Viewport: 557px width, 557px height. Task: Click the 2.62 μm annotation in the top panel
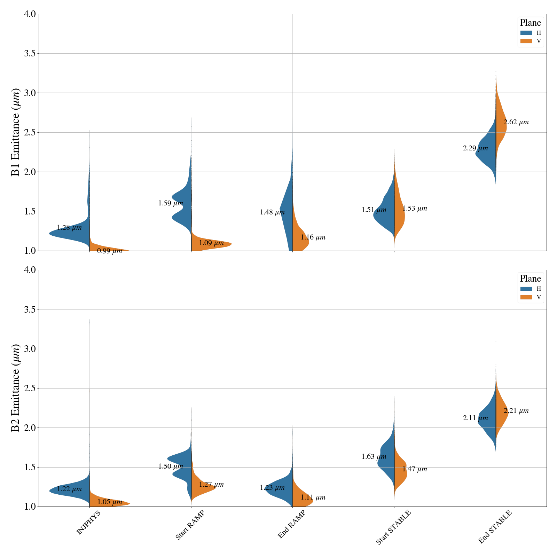pos(516,122)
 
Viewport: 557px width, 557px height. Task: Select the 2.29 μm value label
pos(475,148)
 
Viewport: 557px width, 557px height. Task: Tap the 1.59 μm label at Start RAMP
pos(171,203)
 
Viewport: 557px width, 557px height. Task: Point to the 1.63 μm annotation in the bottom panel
pos(374,457)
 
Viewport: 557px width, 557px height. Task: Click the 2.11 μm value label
pos(475,418)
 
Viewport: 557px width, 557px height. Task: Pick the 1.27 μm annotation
pos(211,485)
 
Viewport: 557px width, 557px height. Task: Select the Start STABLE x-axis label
pos(394,527)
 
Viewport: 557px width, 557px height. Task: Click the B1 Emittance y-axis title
pos(16,132)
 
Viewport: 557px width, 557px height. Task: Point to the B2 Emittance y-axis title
pos(16,388)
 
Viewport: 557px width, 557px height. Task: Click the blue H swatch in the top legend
pos(526,33)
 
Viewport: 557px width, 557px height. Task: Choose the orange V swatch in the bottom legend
pos(526,297)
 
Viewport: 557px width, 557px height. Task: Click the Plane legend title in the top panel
pos(530,23)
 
